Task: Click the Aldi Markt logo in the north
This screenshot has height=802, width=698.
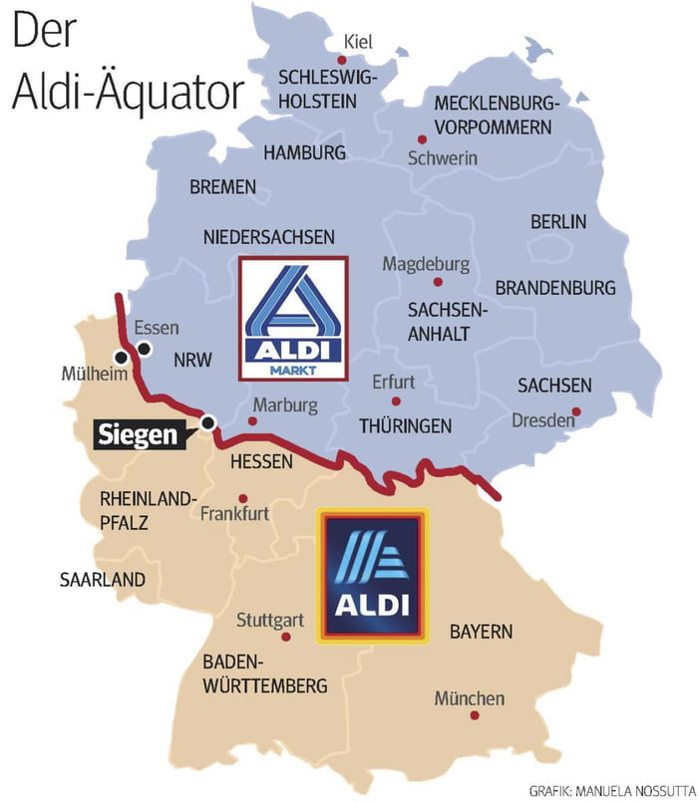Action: point(292,318)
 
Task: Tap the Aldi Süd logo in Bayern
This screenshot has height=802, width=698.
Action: point(372,576)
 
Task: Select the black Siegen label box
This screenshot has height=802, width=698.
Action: point(139,435)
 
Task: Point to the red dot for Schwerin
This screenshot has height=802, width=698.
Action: point(422,139)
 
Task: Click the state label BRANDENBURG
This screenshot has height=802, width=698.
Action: point(555,288)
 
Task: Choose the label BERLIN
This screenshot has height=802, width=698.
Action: point(558,221)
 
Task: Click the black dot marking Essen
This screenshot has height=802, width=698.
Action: point(146,348)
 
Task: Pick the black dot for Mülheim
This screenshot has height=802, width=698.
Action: point(122,357)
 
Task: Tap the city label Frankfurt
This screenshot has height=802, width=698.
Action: point(234,515)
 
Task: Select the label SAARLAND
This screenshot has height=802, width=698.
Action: point(102,579)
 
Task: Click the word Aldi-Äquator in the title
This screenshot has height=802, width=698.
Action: point(128,89)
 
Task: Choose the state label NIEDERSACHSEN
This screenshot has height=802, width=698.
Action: point(269,237)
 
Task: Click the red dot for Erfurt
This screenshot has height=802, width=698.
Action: point(396,401)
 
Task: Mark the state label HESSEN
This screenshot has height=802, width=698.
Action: point(261,462)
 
